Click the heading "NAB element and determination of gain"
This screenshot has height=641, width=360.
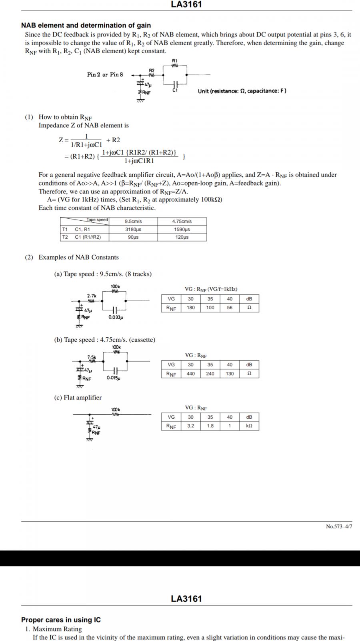(86, 25)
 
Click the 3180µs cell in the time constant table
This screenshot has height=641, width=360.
(133, 230)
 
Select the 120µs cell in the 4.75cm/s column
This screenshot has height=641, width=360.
(182, 237)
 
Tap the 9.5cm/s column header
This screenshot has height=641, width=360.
(133, 221)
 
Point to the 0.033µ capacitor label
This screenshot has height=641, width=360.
(116, 317)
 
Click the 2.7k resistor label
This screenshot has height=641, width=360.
(92, 296)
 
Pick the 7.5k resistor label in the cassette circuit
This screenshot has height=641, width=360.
(92, 357)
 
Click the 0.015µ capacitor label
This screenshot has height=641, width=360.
(113, 378)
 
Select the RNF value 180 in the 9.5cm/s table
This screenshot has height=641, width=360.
(191, 308)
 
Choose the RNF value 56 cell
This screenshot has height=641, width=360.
(230, 308)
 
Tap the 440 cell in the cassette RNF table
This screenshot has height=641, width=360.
(191, 374)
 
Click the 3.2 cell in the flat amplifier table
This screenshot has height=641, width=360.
(191, 426)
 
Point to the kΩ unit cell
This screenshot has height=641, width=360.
(249, 426)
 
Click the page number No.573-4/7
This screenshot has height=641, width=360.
(339, 526)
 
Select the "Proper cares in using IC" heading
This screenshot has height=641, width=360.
(61, 620)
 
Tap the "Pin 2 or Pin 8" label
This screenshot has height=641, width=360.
(105, 75)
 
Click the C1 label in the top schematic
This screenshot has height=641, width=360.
(175, 91)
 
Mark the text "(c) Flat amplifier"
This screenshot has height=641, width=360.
(78, 397)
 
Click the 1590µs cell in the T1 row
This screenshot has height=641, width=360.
(182, 230)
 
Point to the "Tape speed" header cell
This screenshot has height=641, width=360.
(97, 220)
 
